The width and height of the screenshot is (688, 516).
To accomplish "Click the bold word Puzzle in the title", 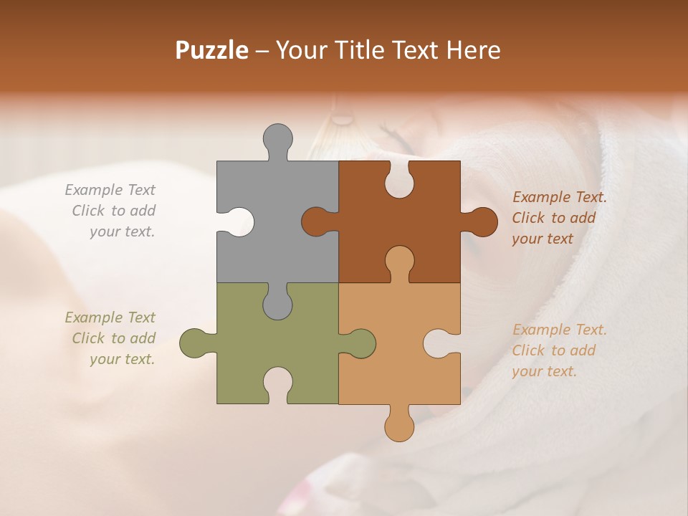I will point(212,50).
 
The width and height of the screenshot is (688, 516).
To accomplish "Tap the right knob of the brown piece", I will point(480,221).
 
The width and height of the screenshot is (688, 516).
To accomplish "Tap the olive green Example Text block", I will point(112,338).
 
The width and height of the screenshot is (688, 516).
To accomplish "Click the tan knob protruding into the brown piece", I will point(399,263).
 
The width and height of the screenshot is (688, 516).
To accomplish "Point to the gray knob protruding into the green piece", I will point(277,302).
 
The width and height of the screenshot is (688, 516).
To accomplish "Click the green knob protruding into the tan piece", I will point(358,343).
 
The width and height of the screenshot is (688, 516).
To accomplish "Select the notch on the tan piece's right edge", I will point(440,343).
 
